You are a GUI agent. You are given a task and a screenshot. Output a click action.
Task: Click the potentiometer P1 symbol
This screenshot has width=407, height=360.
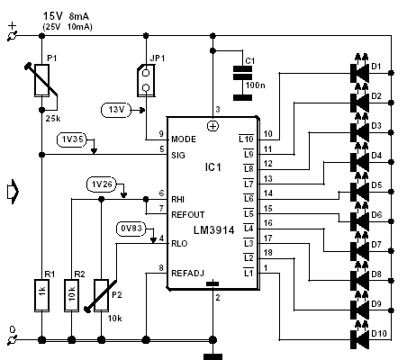41,80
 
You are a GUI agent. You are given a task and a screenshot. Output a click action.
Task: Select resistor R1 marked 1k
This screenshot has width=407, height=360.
41,296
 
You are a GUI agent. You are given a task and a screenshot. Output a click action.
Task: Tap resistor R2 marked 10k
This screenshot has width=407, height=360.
71,296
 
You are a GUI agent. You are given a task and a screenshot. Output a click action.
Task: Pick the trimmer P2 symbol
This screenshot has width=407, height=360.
101,296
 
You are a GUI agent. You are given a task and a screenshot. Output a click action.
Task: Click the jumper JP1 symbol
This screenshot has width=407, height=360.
146,80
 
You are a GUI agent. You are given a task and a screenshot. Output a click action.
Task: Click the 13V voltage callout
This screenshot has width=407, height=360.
116,110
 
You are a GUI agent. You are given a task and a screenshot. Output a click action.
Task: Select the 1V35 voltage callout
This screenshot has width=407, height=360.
72,139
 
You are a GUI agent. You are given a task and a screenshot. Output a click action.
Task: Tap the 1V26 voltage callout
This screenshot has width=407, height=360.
102,184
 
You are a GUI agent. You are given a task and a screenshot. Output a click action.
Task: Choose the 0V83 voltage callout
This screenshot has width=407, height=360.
131,229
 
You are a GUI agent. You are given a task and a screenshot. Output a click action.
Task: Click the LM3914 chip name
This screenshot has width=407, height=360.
213,230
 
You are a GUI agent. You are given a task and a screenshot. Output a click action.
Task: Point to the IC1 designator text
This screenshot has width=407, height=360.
213,167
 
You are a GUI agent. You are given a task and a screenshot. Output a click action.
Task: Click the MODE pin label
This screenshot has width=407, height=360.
184,139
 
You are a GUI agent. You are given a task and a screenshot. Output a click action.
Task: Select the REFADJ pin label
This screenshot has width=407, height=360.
187,274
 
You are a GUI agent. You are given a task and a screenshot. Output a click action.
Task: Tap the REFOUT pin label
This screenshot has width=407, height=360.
187,215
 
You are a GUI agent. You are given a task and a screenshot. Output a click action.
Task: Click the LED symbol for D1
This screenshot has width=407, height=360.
360,69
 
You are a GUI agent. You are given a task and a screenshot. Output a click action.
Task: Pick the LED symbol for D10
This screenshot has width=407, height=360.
360,336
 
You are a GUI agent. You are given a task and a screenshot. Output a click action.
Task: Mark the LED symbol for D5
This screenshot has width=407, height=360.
360,188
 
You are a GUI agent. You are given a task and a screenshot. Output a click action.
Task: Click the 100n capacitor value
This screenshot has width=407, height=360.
255,85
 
